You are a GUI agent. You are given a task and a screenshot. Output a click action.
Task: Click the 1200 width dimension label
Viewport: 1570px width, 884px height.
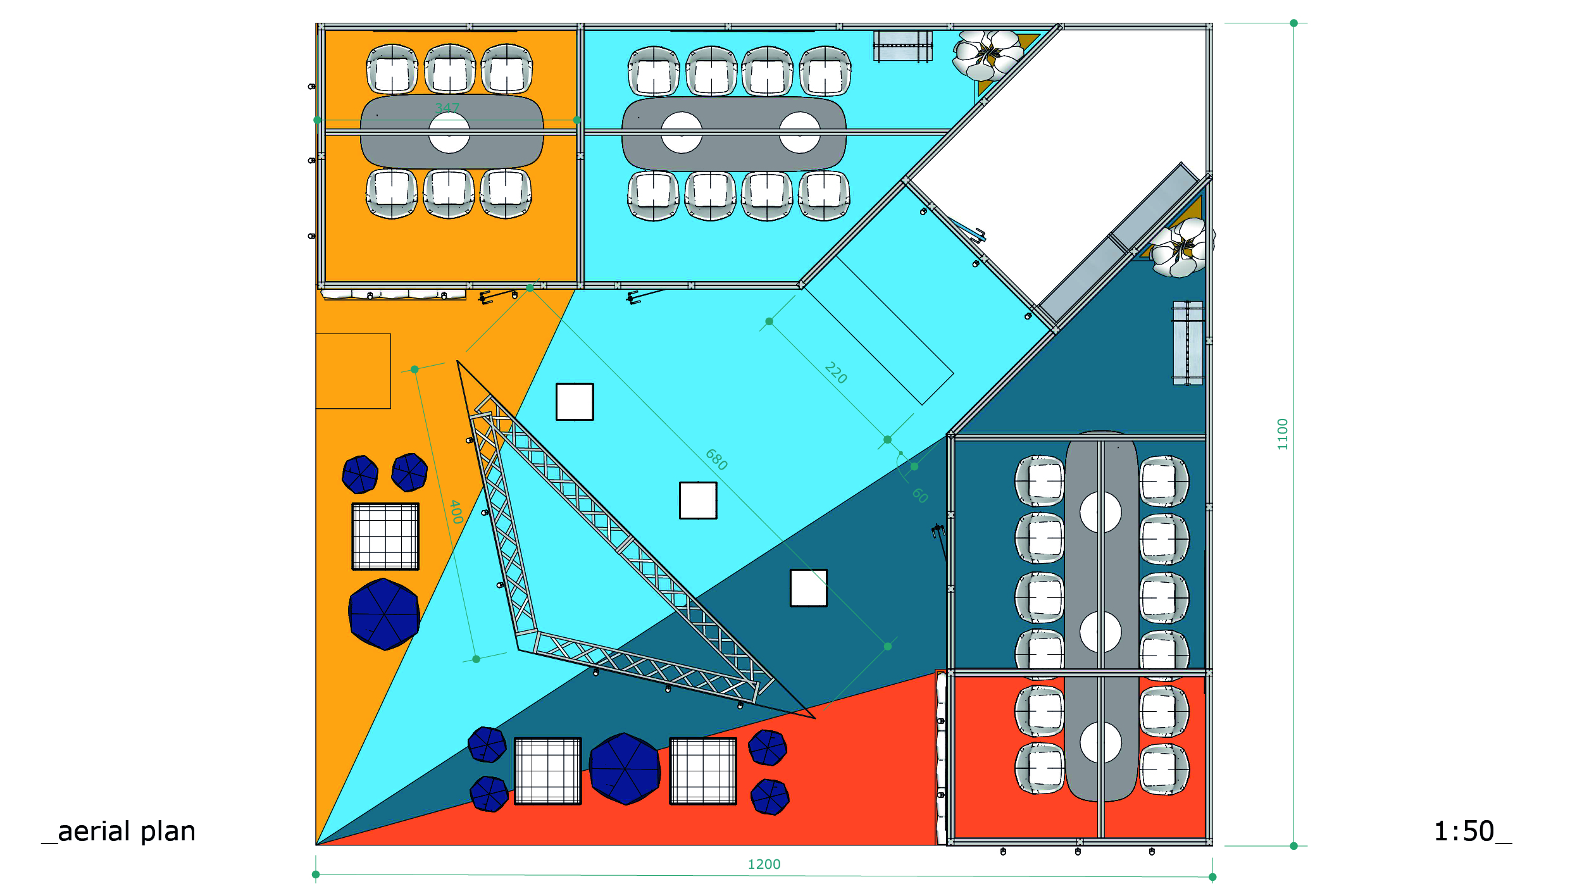(764, 864)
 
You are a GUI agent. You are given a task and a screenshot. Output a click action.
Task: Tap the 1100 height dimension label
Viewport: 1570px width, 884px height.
(1282, 434)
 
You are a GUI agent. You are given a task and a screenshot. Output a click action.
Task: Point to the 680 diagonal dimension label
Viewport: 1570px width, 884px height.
(716, 459)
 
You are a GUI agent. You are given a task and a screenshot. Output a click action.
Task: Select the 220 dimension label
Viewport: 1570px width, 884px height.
(835, 373)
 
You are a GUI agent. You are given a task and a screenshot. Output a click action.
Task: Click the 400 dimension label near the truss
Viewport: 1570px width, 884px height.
(456, 511)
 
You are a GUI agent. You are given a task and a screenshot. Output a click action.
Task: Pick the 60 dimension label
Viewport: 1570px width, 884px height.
(920, 495)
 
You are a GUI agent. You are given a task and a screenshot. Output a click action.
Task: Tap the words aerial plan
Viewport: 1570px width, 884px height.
(126, 831)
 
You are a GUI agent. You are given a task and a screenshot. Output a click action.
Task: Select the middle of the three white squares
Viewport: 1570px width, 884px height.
(698, 501)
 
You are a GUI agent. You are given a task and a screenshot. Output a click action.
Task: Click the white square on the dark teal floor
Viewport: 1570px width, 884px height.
(809, 588)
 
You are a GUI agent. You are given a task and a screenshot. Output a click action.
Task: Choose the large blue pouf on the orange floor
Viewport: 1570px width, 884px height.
(384, 614)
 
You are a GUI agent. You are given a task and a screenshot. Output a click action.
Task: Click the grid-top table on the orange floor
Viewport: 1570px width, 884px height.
(385, 537)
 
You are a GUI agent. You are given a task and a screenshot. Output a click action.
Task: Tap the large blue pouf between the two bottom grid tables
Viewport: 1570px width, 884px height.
(625, 769)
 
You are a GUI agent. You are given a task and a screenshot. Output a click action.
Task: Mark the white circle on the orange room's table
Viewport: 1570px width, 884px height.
(449, 133)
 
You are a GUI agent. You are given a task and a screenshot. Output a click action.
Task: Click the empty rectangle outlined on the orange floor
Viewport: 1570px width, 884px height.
(353, 371)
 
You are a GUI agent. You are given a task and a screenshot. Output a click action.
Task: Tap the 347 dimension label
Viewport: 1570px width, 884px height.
(447, 108)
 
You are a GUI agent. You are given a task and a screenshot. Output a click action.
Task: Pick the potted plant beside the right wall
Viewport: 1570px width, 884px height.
(1180, 248)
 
